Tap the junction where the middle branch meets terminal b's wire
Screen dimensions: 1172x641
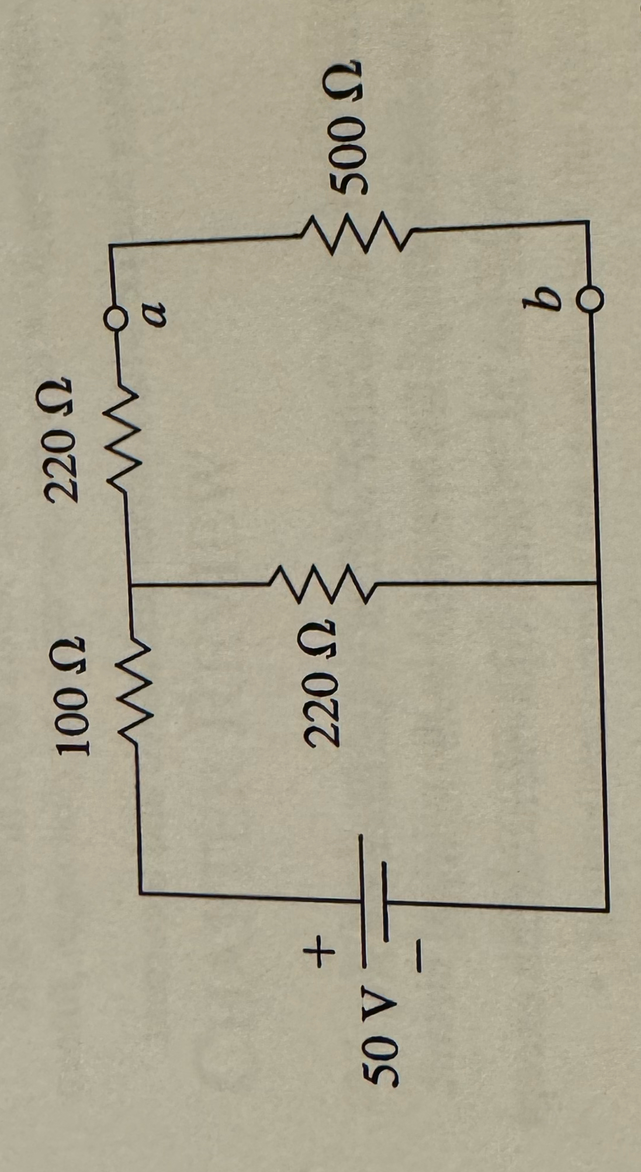pyautogui.click(x=597, y=583)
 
